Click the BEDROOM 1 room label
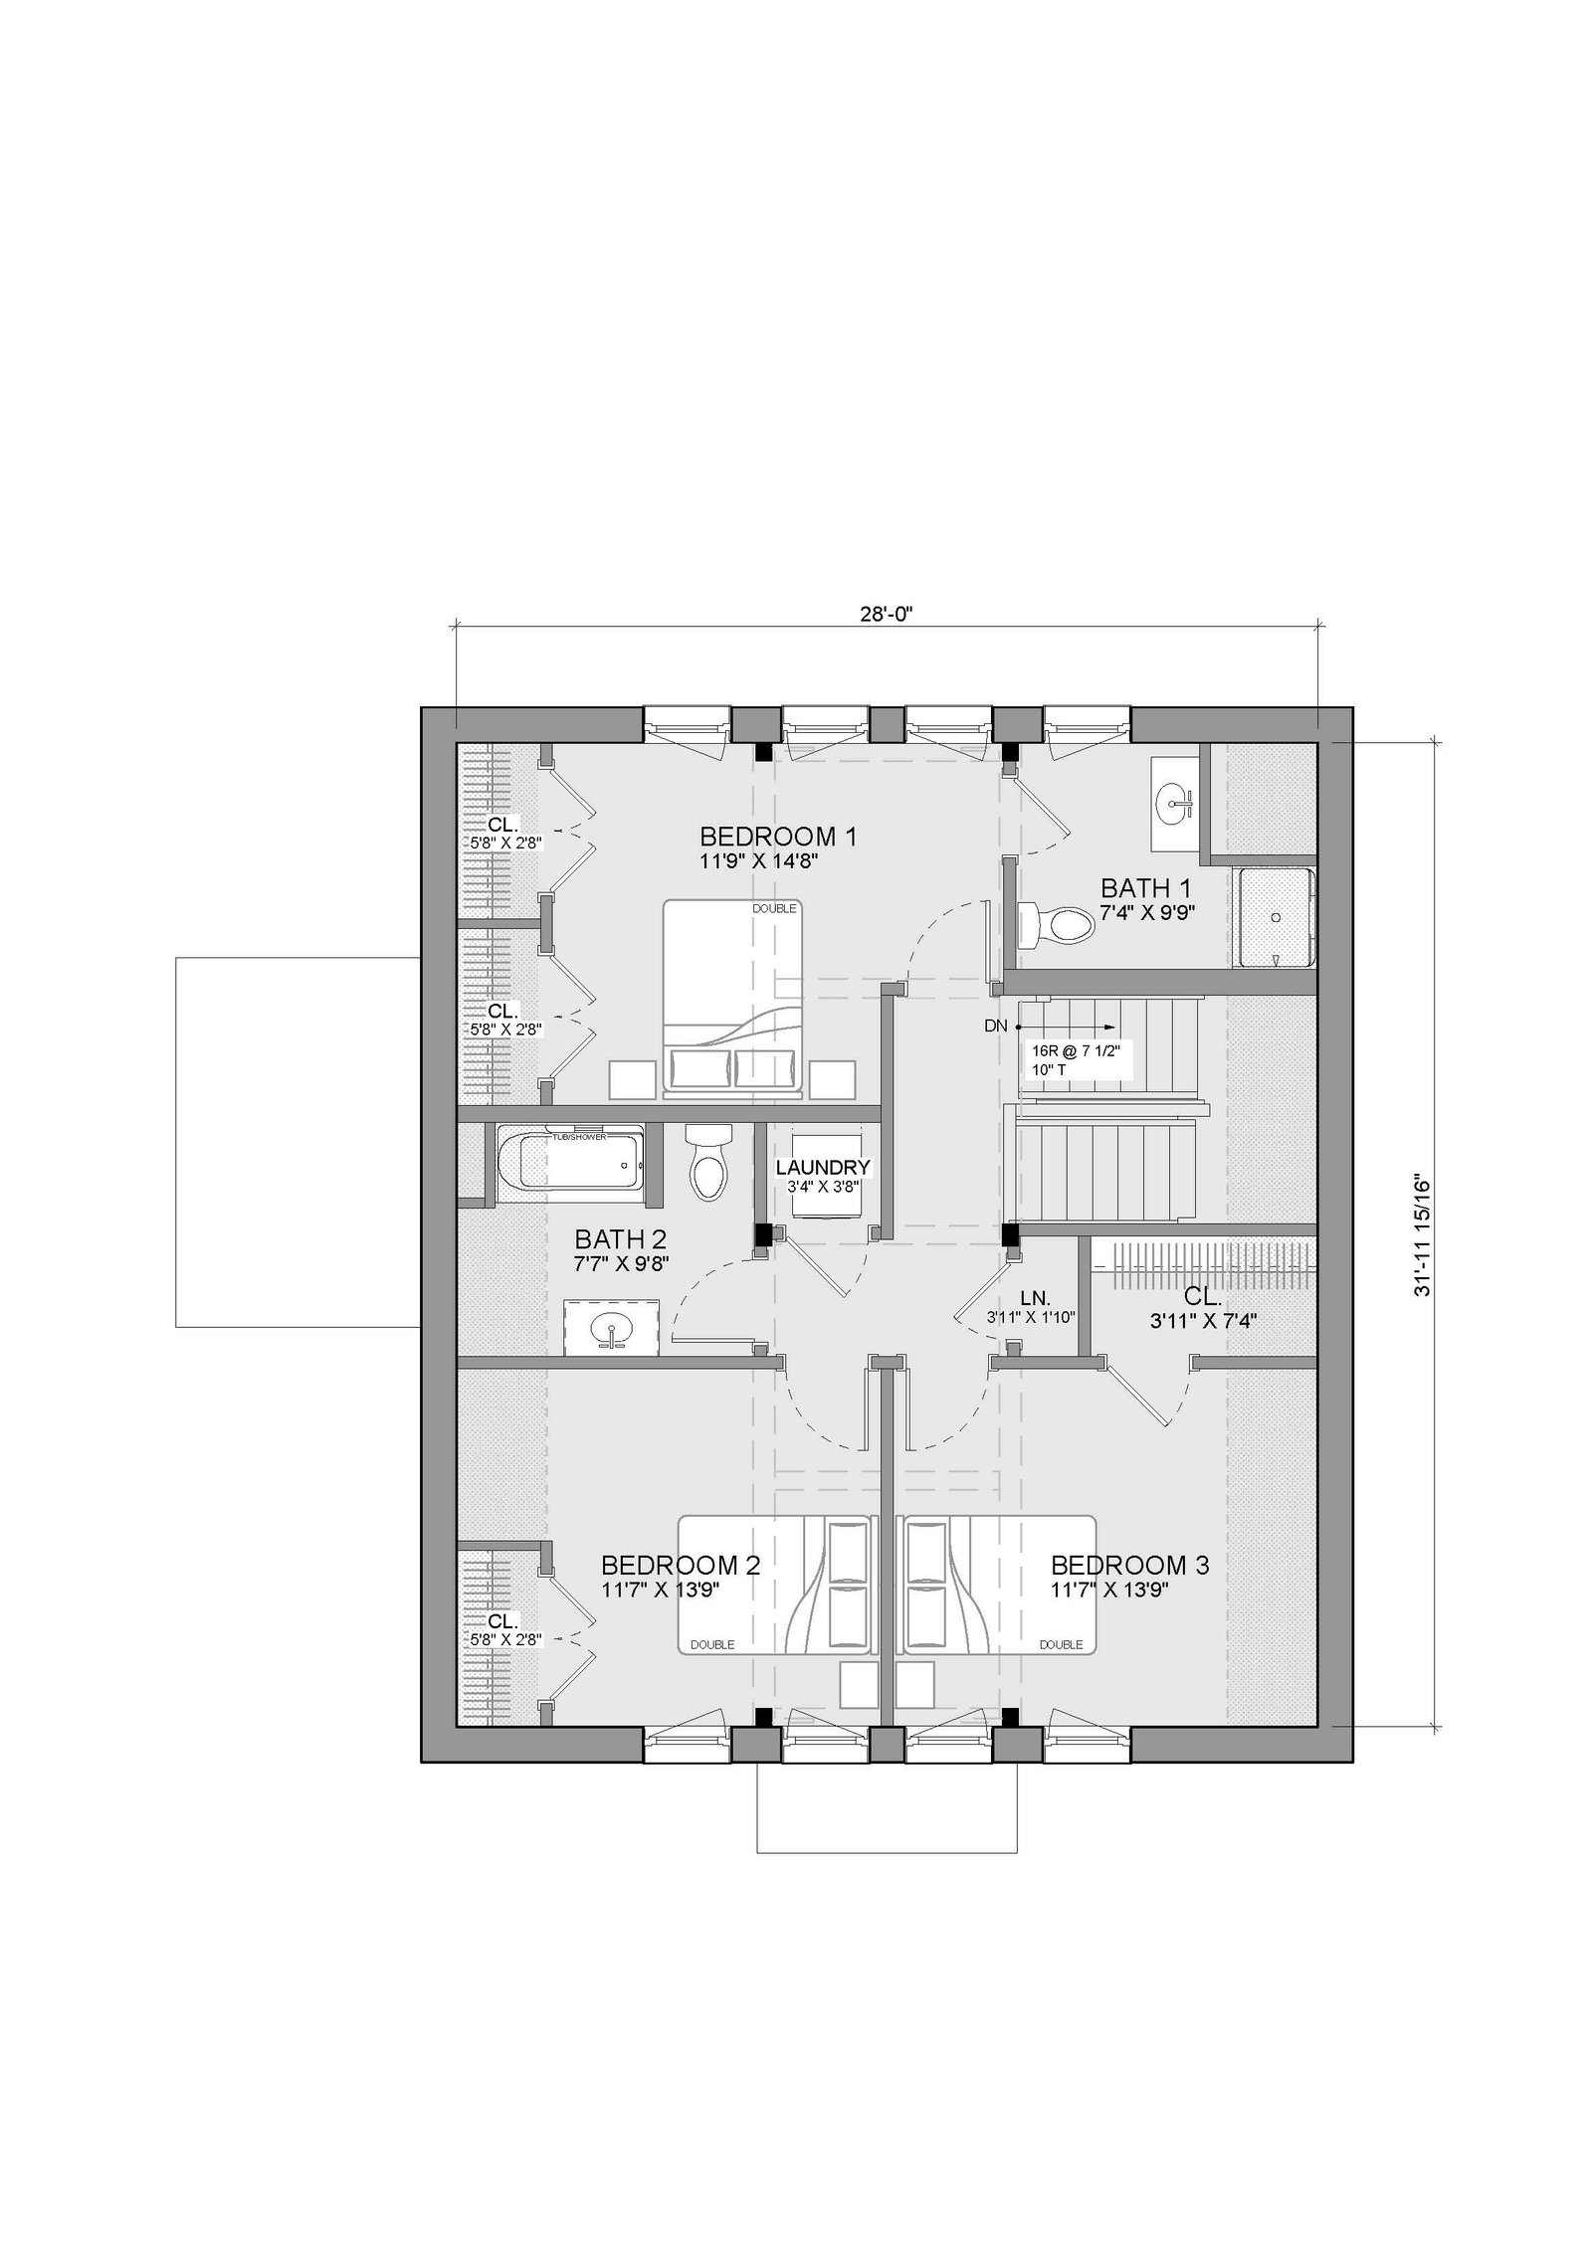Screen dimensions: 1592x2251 point(778,836)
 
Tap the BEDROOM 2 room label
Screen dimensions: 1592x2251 point(681,1565)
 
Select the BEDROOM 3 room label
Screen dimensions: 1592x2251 point(1130,1565)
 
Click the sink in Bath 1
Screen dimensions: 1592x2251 point(1175,803)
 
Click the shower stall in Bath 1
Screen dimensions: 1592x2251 point(1274,917)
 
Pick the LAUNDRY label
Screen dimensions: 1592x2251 point(823,1168)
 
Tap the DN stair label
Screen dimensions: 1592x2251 point(996,1026)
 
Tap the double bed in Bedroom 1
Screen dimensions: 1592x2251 point(732,998)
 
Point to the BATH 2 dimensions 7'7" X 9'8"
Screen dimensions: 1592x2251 point(621,1263)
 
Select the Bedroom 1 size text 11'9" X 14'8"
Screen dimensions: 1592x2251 point(764,860)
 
